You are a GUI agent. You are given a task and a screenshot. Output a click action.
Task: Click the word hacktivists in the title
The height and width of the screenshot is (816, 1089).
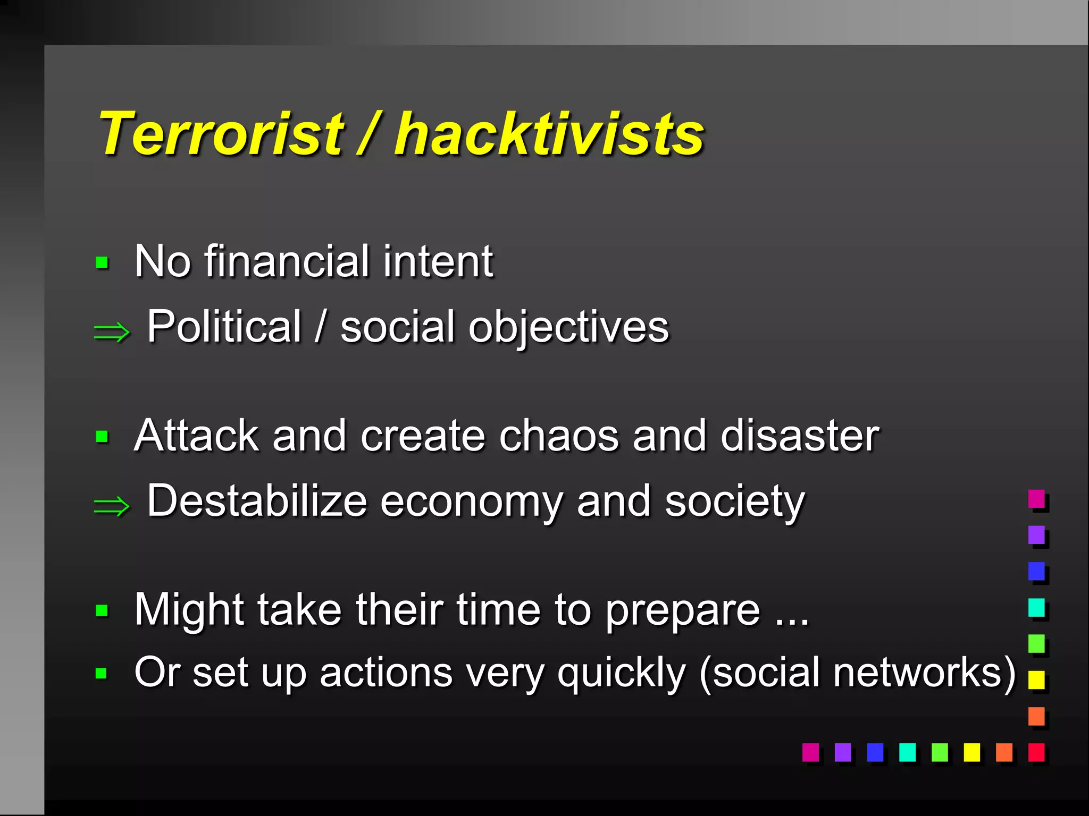549,134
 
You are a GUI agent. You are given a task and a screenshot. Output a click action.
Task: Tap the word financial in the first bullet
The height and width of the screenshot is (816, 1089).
287,261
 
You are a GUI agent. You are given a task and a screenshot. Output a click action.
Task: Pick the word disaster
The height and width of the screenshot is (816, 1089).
800,436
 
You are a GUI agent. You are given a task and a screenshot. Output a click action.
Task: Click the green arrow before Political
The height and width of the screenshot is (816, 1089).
112,333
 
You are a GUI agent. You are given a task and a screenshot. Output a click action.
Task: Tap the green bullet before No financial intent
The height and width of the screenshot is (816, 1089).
102,262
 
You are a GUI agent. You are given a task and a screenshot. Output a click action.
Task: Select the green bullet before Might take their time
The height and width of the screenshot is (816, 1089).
102,610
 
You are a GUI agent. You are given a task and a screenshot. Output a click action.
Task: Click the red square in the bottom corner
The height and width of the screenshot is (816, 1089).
1036,752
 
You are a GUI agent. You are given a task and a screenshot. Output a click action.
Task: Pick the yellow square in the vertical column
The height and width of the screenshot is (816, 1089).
1036,679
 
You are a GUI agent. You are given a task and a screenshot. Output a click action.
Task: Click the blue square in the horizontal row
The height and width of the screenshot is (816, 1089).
875,752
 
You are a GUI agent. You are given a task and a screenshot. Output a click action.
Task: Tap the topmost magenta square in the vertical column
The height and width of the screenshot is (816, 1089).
1036,499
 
